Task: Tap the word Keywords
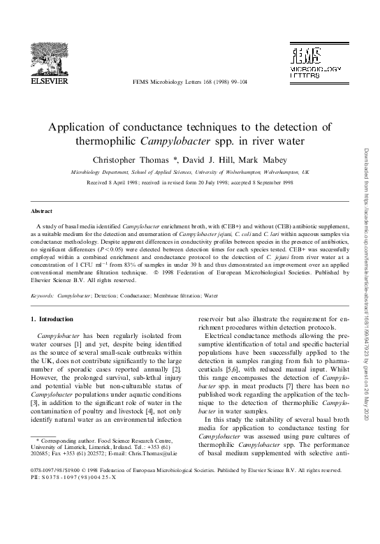tap(43, 295)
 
